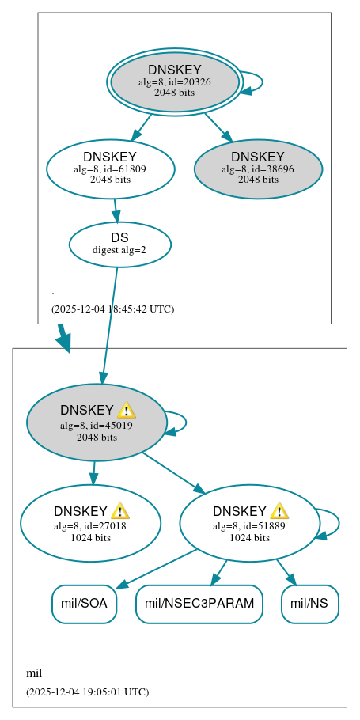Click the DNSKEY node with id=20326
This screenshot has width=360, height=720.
tap(175, 82)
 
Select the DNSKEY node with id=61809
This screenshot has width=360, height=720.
tap(110, 168)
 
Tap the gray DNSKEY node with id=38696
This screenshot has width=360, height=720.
tap(258, 169)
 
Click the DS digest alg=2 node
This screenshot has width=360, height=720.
tap(119, 244)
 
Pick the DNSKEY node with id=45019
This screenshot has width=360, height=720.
tap(96, 423)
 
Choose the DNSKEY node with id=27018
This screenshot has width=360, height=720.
tap(90, 523)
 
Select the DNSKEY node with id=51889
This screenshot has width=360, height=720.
tap(249, 523)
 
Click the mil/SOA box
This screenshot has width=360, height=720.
tap(84, 604)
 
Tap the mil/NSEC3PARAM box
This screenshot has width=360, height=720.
tap(199, 604)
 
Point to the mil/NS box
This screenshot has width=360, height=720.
tap(309, 604)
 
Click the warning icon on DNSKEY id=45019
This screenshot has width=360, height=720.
tap(126, 410)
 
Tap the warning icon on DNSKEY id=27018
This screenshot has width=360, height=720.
tap(119, 510)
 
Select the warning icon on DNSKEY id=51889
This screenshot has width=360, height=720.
tap(279, 510)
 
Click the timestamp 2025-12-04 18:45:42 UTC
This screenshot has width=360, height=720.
tap(112, 309)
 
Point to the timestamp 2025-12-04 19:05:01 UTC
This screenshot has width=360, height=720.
tap(87, 692)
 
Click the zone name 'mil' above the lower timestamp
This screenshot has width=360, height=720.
tap(34, 673)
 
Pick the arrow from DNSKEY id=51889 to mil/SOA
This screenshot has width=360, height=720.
tap(158, 567)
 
